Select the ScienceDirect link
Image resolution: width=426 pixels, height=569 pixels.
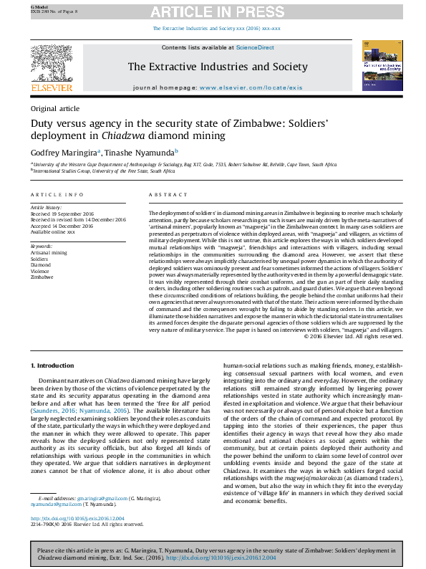(x=256, y=47)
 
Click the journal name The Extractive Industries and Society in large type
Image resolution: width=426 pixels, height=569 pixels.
(x=217, y=67)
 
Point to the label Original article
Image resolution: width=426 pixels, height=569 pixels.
(x=54, y=109)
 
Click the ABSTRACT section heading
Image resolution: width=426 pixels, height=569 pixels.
(x=168, y=195)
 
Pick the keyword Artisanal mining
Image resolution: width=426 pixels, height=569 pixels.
(x=48, y=253)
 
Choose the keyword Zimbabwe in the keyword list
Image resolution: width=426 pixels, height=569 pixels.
(x=42, y=276)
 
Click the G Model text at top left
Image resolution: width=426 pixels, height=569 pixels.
(x=37, y=5)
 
